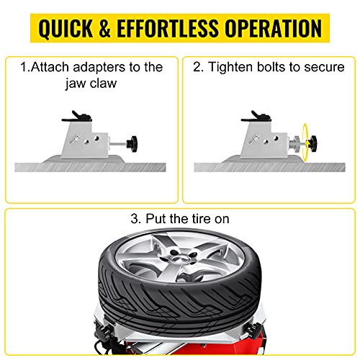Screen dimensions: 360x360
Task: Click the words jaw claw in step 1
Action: coord(95,84)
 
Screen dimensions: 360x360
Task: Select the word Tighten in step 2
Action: coord(230,68)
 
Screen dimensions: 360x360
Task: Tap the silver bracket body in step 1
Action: coord(88,141)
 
